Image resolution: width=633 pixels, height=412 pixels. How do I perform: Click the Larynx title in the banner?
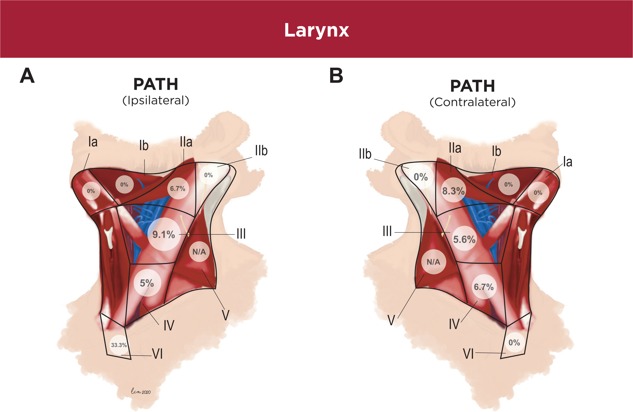coord(316,30)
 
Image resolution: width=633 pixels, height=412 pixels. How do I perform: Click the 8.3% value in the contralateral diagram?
coord(453,191)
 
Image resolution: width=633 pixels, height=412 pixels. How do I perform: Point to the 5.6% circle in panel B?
coord(464,239)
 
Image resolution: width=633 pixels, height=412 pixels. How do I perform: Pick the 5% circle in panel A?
coord(147,283)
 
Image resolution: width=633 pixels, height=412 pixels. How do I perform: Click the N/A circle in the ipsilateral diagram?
coord(199,252)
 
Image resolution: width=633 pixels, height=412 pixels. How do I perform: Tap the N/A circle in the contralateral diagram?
coord(433,262)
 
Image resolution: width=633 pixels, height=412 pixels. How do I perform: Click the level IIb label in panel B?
coord(365,154)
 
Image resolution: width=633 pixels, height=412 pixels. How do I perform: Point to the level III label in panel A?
coord(241,234)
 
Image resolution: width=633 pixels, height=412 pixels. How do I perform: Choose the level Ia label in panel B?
coord(568,162)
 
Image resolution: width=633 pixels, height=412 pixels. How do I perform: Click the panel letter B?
coord(336,75)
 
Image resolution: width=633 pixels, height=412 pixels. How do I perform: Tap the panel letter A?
coord(27,75)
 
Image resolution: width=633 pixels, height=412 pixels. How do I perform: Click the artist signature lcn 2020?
coord(141,391)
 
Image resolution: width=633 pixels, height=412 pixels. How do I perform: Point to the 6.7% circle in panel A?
coord(178,189)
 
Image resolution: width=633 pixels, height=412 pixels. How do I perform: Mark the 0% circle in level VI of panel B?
coord(514,343)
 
